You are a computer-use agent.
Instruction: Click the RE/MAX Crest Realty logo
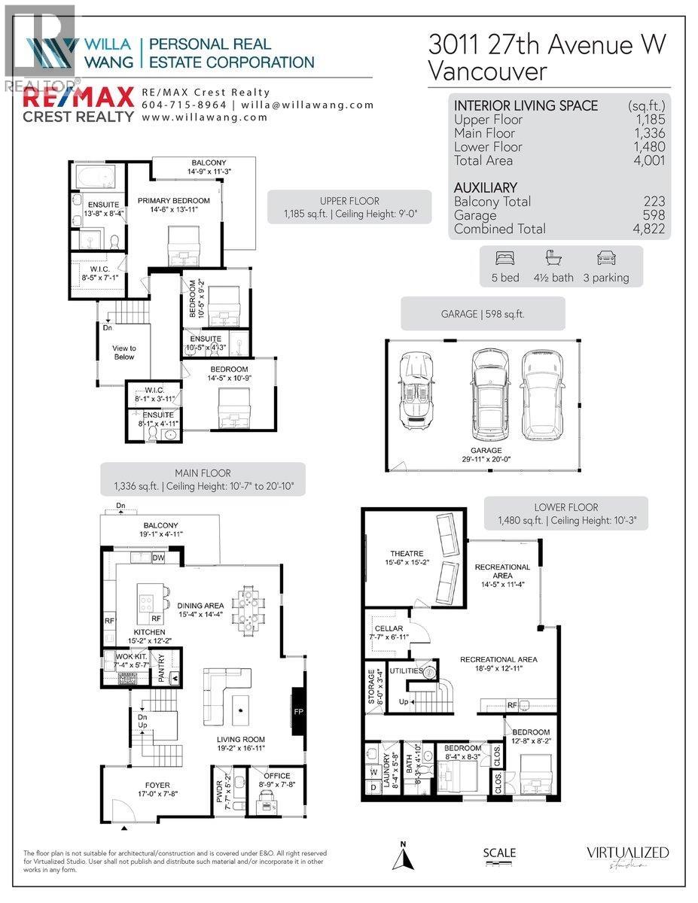(x=76, y=104)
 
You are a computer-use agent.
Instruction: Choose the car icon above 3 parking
(x=605, y=258)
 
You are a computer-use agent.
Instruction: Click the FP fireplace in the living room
(x=298, y=710)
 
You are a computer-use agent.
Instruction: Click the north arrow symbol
(x=404, y=857)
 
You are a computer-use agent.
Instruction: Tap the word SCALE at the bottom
(x=499, y=853)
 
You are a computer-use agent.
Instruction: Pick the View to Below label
(x=124, y=352)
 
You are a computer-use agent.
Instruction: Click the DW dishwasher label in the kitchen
(x=158, y=558)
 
